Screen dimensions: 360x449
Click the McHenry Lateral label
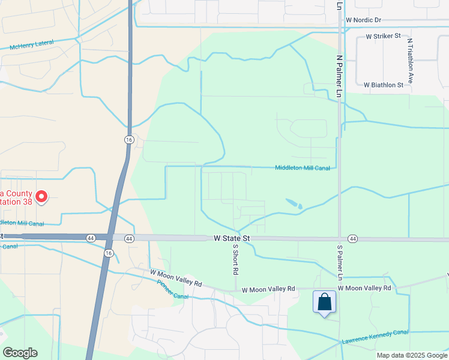click(32, 45)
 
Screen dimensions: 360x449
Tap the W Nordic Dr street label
click(363, 20)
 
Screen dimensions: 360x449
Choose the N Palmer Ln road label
click(339, 77)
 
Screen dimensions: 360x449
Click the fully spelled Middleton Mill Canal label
click(303, 168)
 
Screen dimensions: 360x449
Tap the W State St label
click(231, 238)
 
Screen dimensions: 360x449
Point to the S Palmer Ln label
click(339, 263)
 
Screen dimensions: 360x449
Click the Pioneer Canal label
click(172, 289)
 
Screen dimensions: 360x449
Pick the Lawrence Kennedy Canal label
click(375, 337)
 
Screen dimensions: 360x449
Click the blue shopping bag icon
click(324, 302)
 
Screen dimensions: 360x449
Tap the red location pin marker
click(41, 196)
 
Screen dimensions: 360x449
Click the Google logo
click(20, 353)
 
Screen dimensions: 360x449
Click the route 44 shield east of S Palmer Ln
click(352, 239)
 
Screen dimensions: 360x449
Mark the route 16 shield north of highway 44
click(128, 139)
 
